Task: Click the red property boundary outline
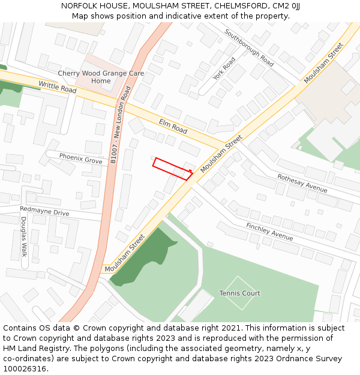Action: coord(172,169)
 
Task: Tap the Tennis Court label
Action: coord(239,293)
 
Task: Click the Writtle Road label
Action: coord(58,88)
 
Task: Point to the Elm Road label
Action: coord(173,126)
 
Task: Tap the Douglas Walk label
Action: coord(24,236)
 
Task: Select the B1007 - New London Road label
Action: coord(120,125)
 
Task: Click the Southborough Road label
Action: coord(249,47)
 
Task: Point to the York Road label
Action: coord(224,68)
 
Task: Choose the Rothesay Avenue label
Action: coord(302,182)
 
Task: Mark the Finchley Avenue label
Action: coord(269,231)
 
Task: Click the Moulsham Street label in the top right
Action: coord(323,62)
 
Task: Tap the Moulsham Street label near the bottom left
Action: coord(125,253)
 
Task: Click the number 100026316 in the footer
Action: coord(25,368)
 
